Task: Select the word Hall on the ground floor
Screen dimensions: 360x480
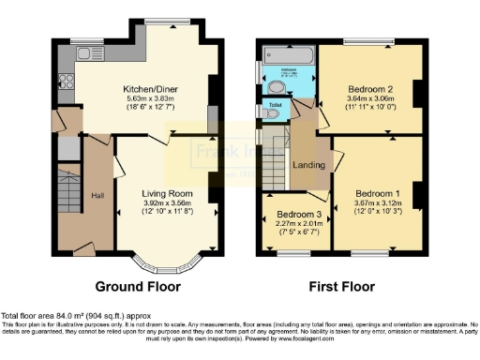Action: point(97,194)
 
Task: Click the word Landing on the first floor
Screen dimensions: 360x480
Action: point(308,167)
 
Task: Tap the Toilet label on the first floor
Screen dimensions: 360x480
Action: point(276,104)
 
